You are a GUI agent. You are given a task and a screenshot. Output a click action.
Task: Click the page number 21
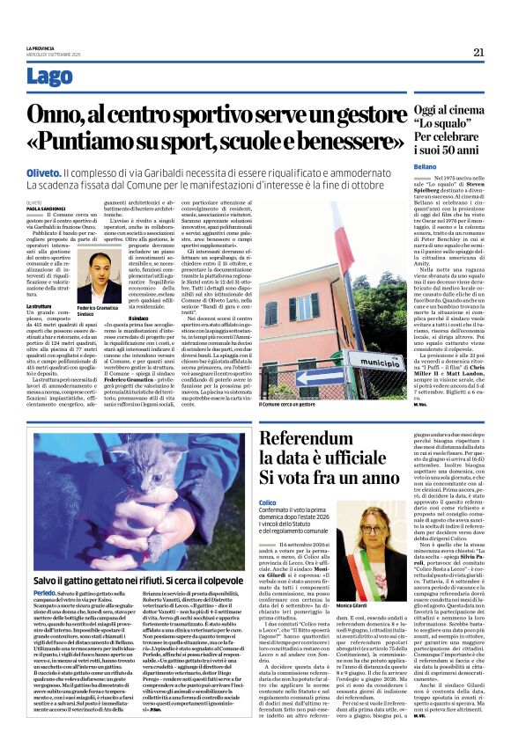tap(479, 52)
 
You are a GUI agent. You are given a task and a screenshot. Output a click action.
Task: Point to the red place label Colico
tap(268, 502)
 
